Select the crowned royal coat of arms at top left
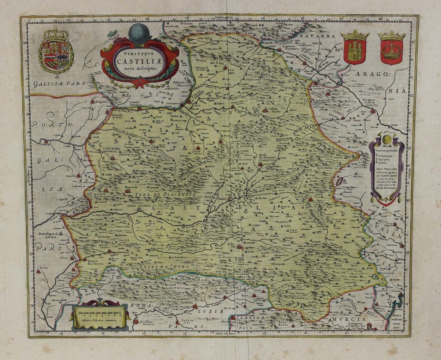point(56,50)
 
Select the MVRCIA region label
point(349,319)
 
